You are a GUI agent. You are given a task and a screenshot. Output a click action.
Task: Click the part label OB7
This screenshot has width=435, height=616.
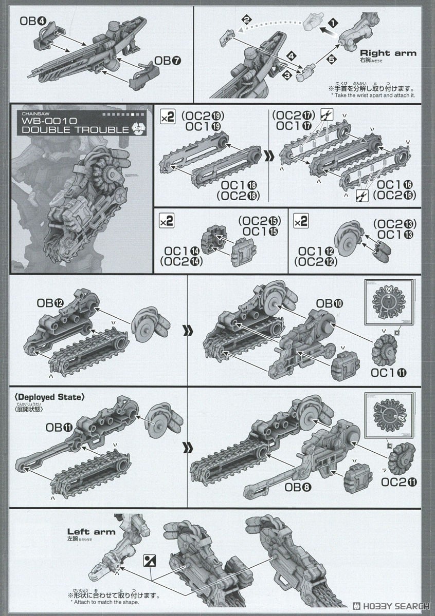(x=162, y=62)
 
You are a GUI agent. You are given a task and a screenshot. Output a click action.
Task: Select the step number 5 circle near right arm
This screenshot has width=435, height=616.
(x=332, y=59)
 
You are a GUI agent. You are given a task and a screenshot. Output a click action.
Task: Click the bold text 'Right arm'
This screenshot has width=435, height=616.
(x=388, y=53)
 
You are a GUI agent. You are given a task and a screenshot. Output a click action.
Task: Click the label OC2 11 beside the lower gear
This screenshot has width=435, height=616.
(x=399, y=482)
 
